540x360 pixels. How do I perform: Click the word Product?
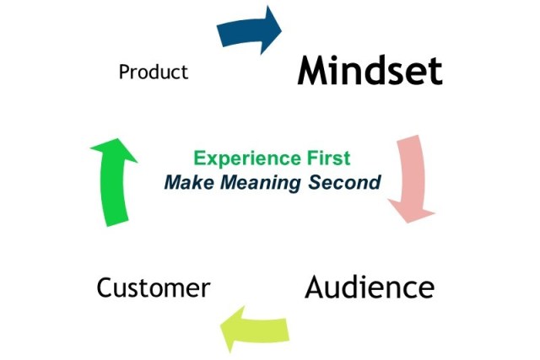[154, 72]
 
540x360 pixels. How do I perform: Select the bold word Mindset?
[370, 70]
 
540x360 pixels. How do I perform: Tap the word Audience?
[370, 287]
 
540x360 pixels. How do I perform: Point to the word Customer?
[153, 287]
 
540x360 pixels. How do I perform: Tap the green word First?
[326, 158]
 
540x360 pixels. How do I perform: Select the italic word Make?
[184, 180]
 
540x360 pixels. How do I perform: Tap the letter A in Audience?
[316, 287]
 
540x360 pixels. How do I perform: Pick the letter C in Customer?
[105, 287]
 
